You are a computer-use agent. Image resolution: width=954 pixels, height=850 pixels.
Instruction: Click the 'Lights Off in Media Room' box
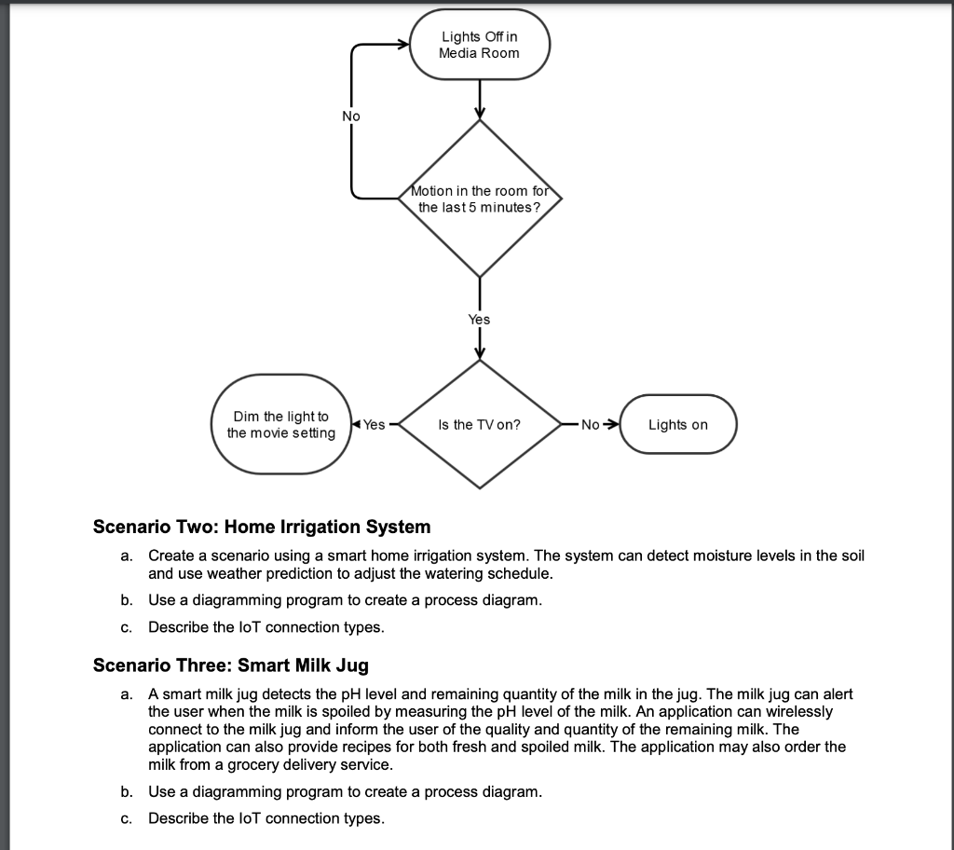[x=480, y=45]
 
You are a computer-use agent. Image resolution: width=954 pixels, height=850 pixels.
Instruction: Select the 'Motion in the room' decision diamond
[x=480, y=199]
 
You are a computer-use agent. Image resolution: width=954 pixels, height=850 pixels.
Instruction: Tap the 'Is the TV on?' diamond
[x=480, y=424]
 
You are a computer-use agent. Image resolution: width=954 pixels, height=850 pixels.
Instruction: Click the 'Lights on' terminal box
[x=677, y=425]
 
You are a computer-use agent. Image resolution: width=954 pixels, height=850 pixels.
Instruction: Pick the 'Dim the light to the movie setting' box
[x=281, y=425]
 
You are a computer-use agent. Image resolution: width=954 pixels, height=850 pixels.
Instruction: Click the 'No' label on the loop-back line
[x=351, y=116]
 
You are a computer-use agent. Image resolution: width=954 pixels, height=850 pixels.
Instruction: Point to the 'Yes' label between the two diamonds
[x=479, y=319]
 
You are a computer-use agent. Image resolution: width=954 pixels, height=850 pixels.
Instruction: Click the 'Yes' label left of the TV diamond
[x=374, y=425]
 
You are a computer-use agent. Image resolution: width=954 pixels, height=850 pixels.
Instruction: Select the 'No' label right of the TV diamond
[x=591, y=425]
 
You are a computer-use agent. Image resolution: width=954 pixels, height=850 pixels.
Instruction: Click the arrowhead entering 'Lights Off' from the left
[x=403, y=45]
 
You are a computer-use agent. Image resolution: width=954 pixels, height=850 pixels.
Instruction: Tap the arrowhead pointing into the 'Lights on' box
[x=612, y=425]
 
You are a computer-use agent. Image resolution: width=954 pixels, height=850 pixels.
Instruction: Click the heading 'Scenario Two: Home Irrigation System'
[x=262, y=527]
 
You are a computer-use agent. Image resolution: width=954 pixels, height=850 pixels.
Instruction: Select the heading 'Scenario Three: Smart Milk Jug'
[x=230, y=665]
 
